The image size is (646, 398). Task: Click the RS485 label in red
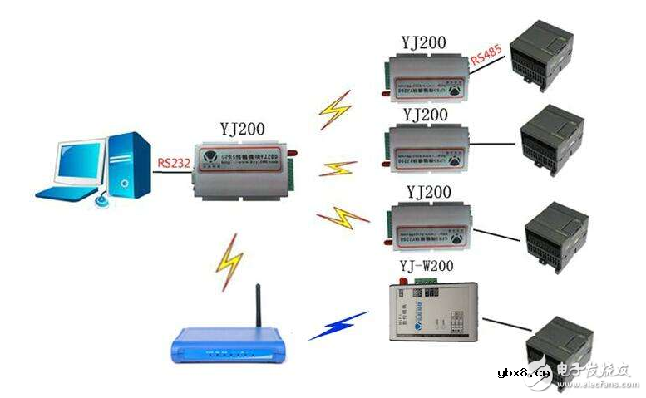(486, 59)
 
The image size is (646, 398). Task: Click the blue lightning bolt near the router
(338, 325)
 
